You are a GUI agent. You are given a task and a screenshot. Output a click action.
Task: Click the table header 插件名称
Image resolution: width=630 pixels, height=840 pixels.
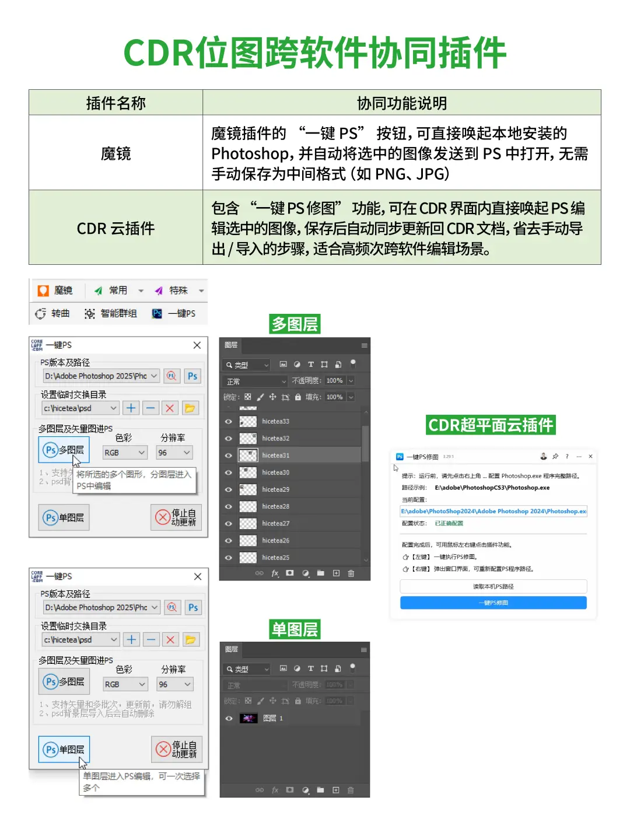click(x=116, y=103)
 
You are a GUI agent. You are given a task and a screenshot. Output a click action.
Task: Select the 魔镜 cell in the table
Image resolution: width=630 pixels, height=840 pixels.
click(x=116, y=153)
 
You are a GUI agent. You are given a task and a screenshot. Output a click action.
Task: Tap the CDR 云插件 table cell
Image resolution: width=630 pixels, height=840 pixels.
click(x=116, y=228)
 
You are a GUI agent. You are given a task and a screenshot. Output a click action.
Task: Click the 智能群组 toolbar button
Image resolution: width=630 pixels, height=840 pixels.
click(x=111, y=314)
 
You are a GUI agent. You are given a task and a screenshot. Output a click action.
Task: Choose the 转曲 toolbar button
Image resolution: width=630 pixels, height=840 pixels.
click(x=53, y=314)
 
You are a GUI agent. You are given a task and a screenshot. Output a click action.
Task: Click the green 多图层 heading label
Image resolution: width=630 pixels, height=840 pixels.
click(x=295, y=324)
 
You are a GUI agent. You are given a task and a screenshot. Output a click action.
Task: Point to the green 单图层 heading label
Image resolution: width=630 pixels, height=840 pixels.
click(x=295, y=629)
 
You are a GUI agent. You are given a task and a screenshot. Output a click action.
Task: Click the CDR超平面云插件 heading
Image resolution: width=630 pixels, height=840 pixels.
click(x=491, y=425)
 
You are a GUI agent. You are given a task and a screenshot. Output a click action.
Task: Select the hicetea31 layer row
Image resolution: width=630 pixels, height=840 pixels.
click(x=292, y=455)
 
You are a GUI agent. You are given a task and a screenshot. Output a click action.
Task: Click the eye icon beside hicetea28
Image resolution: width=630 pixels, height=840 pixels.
click(x=229, y=506)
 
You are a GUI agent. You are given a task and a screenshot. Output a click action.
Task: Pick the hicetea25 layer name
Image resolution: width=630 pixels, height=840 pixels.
click(x=275, y=558)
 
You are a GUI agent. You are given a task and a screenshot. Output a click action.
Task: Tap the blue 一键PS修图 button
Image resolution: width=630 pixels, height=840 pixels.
click(x=493, y=603)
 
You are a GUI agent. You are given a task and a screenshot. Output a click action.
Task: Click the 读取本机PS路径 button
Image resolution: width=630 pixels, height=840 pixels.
click(x=493, y=586)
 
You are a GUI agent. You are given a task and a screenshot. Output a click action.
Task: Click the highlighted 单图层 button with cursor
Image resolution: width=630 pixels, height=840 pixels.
click(x=64, y=750)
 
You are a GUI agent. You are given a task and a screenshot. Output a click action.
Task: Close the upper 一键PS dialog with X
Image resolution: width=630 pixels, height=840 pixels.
click(x=197, y=345)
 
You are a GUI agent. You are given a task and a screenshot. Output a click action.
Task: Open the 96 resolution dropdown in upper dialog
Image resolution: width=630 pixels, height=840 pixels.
click(x=174, y=453)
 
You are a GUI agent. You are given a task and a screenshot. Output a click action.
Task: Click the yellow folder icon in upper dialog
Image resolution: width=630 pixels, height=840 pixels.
click(x=190, y=408)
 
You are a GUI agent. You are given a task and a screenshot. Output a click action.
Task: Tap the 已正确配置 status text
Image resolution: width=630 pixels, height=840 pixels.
click(x=449, y=523)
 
